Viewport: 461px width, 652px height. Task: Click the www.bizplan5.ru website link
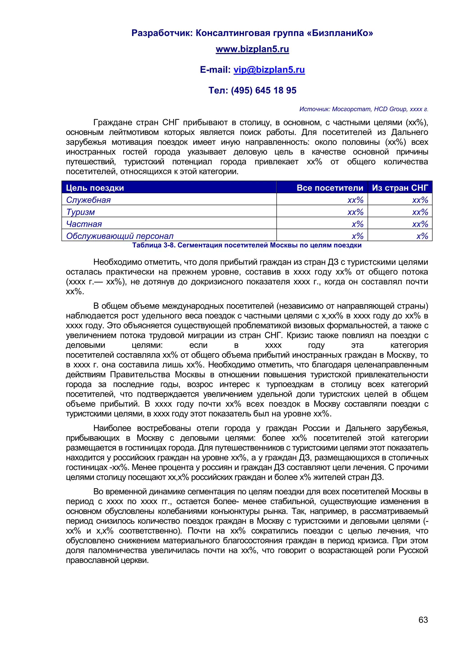[x=252, y=49]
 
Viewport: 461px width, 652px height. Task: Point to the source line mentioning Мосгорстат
[x=363, y=109]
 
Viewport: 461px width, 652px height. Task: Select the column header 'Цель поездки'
[x=95, y=188]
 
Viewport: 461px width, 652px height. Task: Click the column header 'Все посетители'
[x=330, y=188]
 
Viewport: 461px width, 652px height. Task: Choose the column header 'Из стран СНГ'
[x=400, y=188]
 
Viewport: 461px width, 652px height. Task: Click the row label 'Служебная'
[x=88, y=200]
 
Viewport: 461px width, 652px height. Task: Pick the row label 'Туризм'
[x=80, y=212]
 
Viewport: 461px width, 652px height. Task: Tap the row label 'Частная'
[x=84, y=224]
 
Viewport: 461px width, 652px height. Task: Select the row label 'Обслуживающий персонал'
[x=120, y=236]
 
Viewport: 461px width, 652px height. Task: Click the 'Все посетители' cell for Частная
[x=357, y=224]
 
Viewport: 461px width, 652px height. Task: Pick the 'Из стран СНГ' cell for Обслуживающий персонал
[x=422, y=236]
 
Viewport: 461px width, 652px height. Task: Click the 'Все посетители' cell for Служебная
[x=355, y=200]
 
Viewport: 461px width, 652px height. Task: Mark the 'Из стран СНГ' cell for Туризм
[x=420, y=212]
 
